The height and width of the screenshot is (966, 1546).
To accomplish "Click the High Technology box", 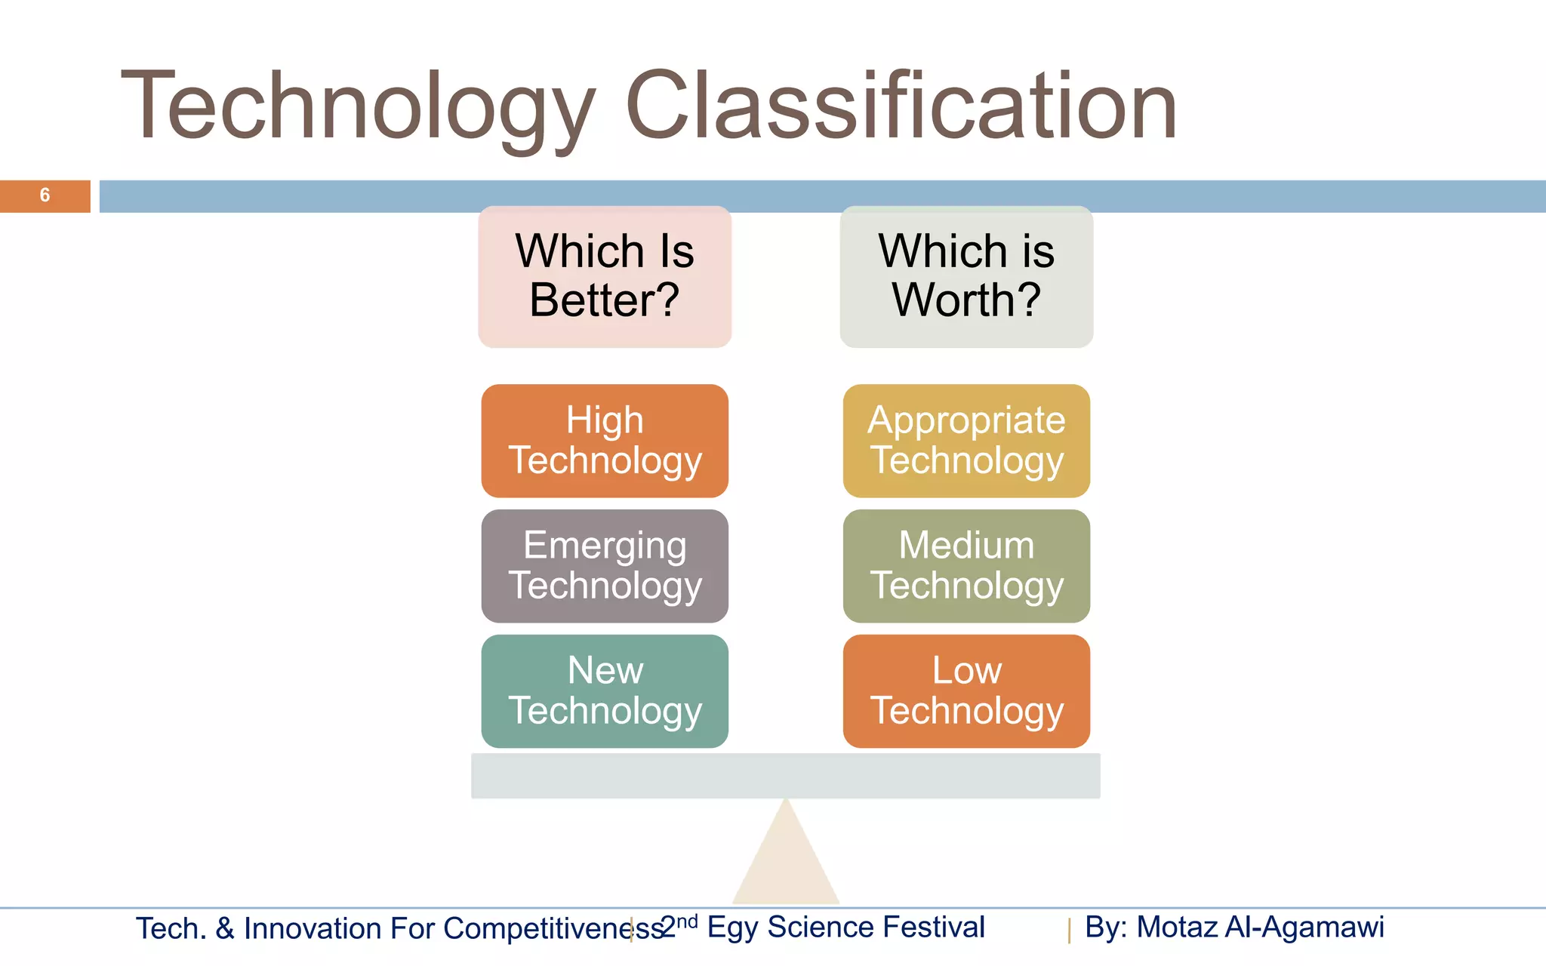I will tap(605, 441).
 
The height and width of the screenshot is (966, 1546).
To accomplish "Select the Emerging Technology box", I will tap(605, 566).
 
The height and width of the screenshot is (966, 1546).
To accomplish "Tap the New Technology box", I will tap(605, 691).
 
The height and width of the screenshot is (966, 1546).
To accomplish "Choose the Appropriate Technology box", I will tap(966, 441).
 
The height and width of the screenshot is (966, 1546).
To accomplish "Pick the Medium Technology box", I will tap(966, 566).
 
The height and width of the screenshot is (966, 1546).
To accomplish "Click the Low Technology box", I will tap(966, 691).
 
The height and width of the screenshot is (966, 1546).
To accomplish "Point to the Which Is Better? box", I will tap(605, 276).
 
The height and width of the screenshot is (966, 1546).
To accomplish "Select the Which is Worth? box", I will tap(966, 276).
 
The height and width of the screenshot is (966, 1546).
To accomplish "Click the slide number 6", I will tap(45, 195).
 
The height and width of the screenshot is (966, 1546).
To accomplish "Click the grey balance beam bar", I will tap(786, 776).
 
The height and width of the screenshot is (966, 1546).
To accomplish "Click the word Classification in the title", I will tap(901, 106).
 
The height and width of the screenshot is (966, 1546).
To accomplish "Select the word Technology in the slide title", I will tap(359, 106).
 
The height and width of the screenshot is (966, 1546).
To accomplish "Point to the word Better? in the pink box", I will tap(605, 300).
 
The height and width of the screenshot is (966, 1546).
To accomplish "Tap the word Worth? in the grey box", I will tap(966, 300).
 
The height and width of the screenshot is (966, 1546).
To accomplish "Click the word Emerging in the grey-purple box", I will tap(605, 546).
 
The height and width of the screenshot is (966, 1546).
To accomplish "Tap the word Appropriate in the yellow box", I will tap(966, 420).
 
